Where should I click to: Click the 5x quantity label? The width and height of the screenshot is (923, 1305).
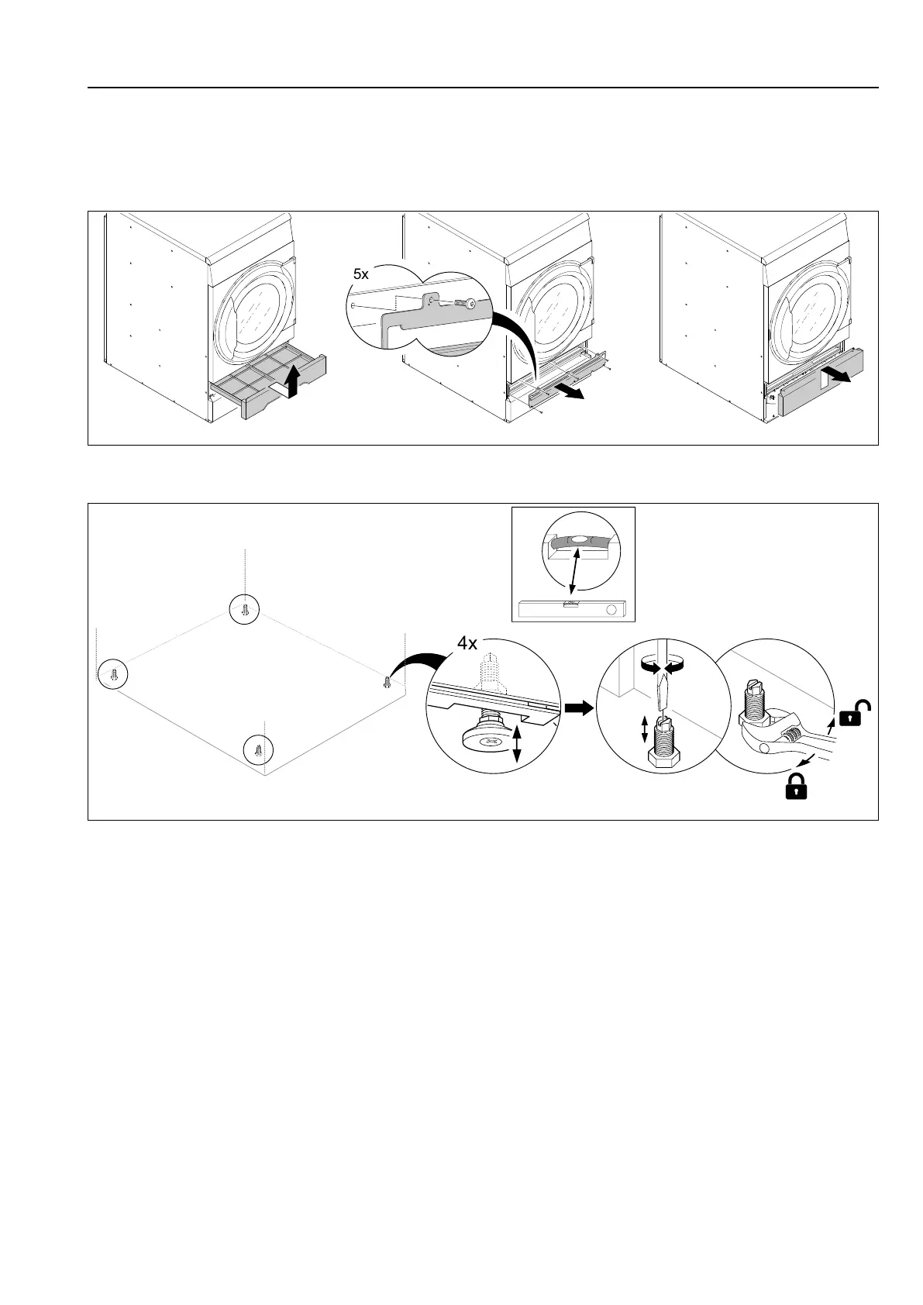pyautogui.click(x=361, y=274)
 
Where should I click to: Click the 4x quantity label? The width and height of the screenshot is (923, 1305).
pyautogui.click(x=467, y=643)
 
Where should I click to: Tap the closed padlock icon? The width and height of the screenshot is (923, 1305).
pyautogui.click(x=796, y=787)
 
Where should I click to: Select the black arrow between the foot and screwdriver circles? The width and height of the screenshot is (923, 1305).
pyautogui.click(x=578, y=706)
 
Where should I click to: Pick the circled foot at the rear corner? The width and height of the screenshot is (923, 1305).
pyautogui.click(x=245, y=609)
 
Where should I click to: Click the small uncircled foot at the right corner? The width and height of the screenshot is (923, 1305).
pyautogui.click(x=387, y=682)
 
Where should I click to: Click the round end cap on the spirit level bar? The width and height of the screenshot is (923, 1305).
pyautogui.click(x=612, y=610)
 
